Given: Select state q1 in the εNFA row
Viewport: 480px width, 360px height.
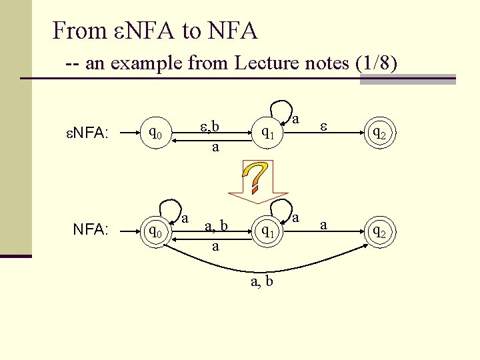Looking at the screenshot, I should click(268, 133).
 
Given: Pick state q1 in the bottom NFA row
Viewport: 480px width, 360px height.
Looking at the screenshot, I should click(268, 231).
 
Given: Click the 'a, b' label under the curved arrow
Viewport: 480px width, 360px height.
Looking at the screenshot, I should click(261, 281).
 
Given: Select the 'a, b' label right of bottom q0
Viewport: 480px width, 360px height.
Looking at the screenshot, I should click(216, 226).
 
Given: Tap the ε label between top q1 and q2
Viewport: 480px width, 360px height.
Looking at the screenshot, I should click(324, 125).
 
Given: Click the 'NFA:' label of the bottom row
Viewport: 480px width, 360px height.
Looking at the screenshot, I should click(91, 230).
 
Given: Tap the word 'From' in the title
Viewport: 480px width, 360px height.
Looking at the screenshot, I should click(79, 30).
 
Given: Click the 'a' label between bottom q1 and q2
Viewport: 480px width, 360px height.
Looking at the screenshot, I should click(324, 225).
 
